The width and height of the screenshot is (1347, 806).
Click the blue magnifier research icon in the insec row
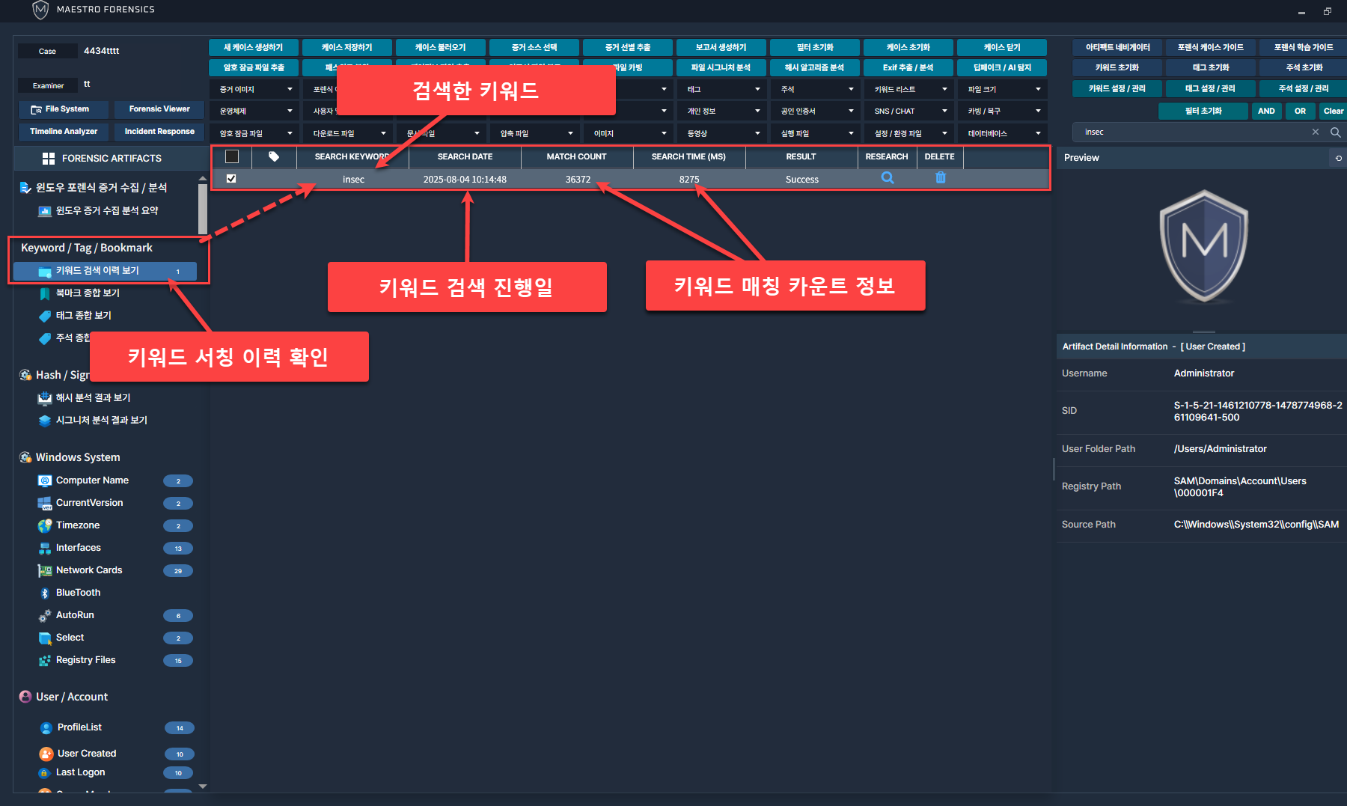click(x=888, y=178)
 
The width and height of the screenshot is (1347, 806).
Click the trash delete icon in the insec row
click(x=941, y=178)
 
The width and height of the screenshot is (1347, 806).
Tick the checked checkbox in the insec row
click(x=231, y=179)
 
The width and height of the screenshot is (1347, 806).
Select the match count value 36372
click(x=578, y=180)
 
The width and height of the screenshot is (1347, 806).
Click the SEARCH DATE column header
click(x=465, y=157)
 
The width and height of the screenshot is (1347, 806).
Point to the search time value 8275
click(x=689, y=180)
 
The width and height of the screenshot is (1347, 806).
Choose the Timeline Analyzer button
click(x=64, y=132)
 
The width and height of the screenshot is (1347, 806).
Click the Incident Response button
click(x=159, y=132)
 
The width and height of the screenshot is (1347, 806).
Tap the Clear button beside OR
click(x=1333, y=112)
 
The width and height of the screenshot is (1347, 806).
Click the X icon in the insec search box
click(x=1316, y=132)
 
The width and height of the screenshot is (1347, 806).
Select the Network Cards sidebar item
click(x=89, y=570)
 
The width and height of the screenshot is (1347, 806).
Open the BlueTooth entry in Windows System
click(x=78, y=593)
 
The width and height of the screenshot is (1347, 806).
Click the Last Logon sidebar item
click(x=80, y=772)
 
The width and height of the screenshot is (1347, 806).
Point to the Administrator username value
click(x=1203, y=373)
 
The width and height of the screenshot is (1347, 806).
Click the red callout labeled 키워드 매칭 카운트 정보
click(x=785, y=286)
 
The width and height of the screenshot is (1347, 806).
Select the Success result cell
click(x=801, y=180)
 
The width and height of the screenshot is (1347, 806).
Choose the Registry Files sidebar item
click(x=85, y=660)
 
